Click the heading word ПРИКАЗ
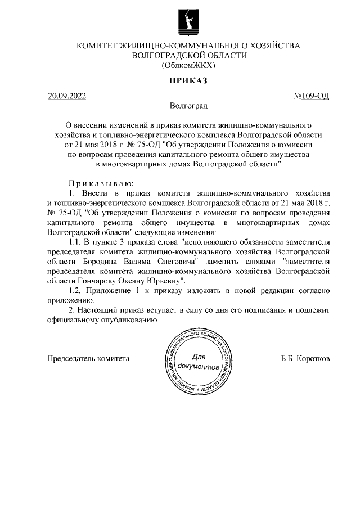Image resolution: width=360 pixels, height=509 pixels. point(188,80)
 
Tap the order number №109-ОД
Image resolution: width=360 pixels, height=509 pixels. point(311,96)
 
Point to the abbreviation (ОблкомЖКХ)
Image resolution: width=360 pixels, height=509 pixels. point(188,65)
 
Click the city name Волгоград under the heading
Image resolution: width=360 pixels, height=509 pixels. point(188,105)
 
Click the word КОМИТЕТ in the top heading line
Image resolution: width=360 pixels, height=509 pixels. point(97,45)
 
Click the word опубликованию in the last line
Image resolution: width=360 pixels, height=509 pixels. point(125,321)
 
